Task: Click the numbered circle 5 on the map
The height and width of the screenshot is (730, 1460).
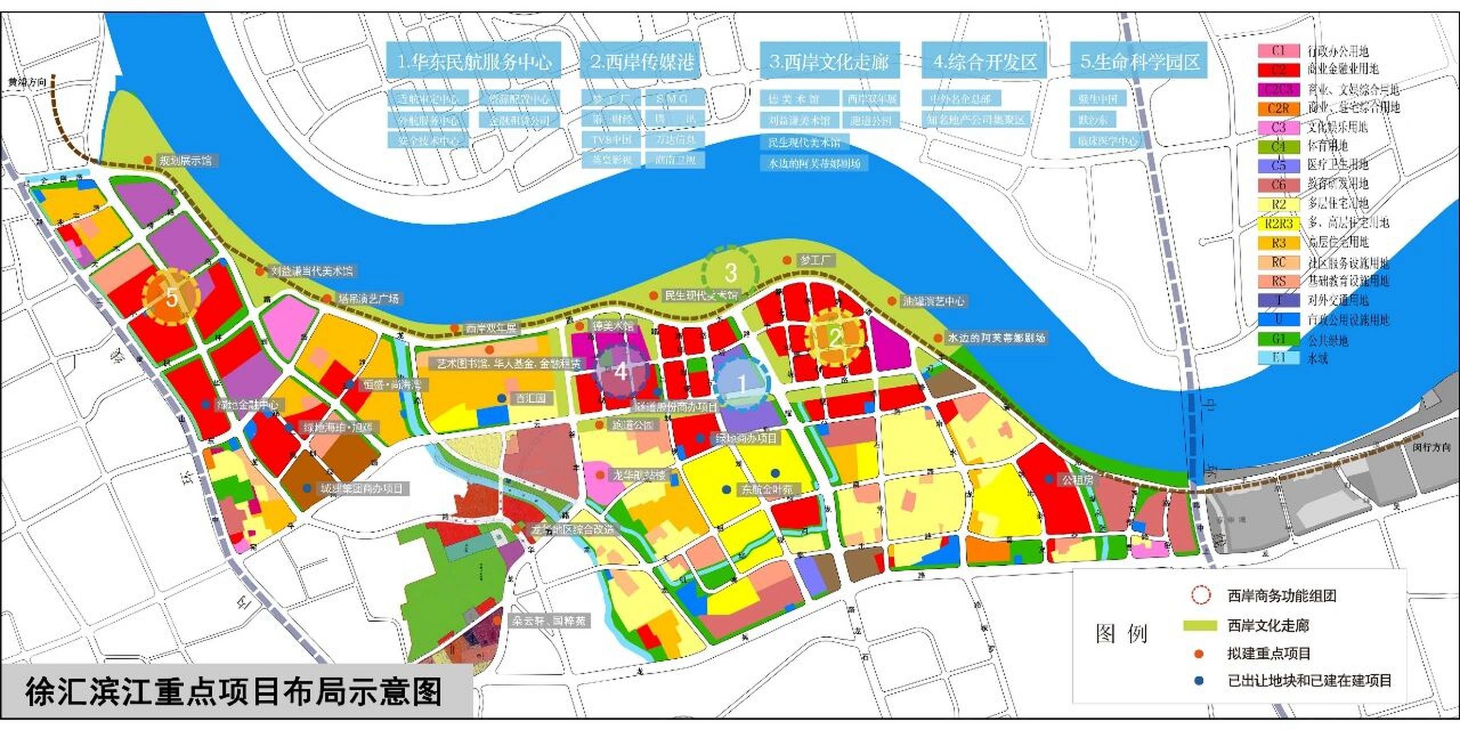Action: (x=171, y=297)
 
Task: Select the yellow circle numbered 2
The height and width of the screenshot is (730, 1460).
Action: (x=836, y=337)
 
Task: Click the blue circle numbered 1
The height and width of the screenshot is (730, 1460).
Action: (x=741, y=384)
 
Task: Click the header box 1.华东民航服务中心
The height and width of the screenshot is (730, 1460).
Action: (x=473, y=61)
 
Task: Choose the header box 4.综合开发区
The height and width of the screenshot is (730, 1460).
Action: (x=984, y=61)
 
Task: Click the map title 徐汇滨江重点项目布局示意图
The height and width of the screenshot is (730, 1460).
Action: (x=234, y=692)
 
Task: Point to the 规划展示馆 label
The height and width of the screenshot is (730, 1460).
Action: (x=185, y=161)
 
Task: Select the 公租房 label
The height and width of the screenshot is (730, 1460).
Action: (x=1076, y=480)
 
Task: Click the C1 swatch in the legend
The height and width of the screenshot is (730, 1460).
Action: (x=1279, y=51)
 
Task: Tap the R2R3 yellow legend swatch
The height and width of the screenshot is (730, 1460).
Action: (x=1279, y=224)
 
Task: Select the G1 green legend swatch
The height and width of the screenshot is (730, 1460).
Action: (x=1279, y=339)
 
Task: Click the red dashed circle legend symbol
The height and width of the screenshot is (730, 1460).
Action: (x=1201, y=595)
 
